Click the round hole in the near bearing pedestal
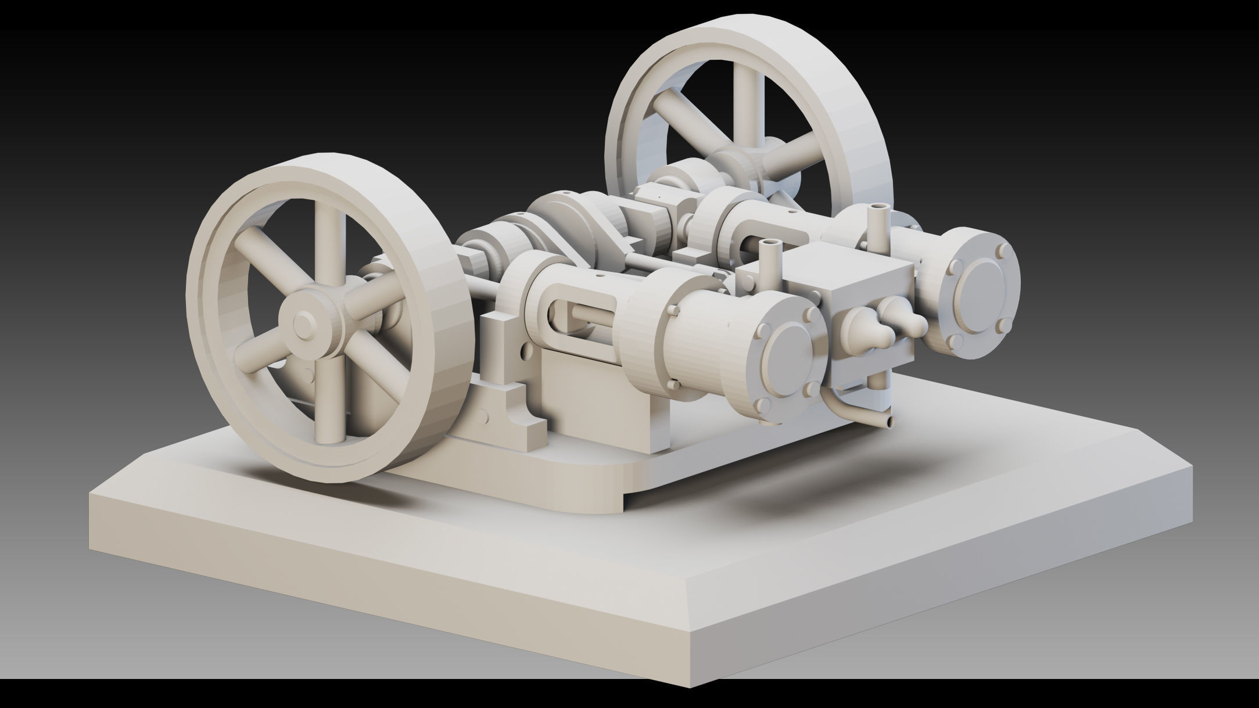point(525,351)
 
